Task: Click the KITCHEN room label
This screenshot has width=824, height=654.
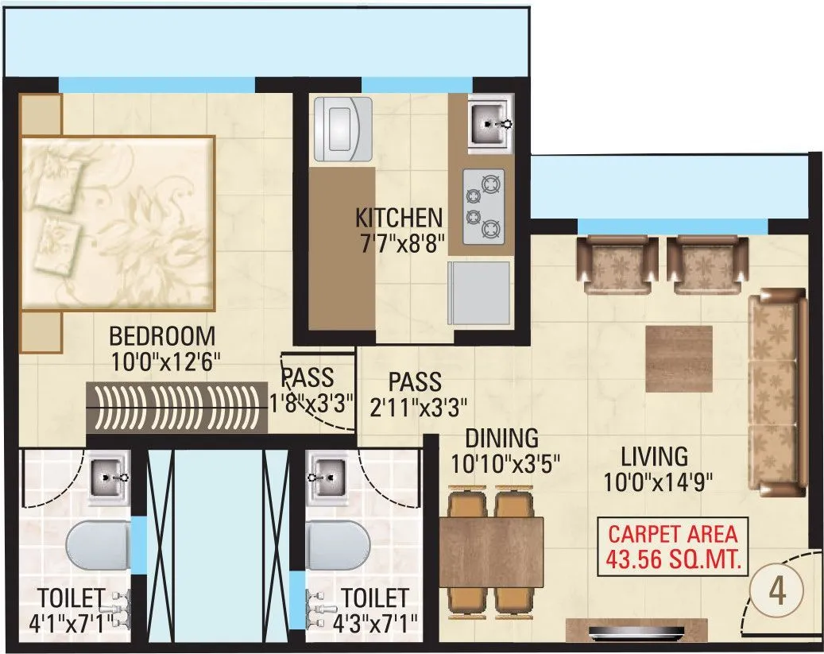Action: tap(398, 217)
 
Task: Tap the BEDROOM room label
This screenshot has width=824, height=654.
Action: tap(162, 335)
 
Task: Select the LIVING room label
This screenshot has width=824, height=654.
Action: tap(654, 457)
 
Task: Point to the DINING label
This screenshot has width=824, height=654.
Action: tap(501, 438)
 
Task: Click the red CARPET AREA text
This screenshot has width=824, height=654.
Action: tap(673, 533)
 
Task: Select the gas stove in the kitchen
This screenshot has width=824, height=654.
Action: tap(483, 206)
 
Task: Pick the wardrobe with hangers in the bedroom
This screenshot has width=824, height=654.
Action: tap(176, 406)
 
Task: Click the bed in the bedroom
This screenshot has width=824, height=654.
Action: tap(118, 223)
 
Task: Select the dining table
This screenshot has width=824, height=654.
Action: tap(490, 552)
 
